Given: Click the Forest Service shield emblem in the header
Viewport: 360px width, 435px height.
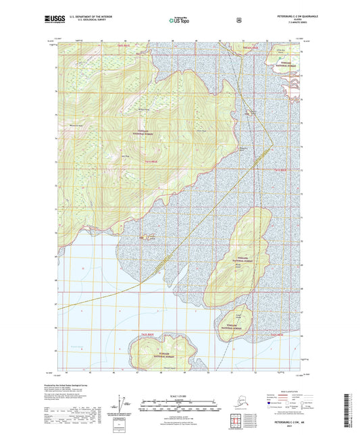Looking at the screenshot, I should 238,20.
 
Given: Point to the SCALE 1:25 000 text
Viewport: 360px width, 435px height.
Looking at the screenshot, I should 180,394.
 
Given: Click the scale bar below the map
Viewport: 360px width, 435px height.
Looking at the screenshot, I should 180,407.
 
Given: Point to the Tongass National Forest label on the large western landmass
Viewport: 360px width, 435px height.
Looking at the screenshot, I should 144,132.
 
